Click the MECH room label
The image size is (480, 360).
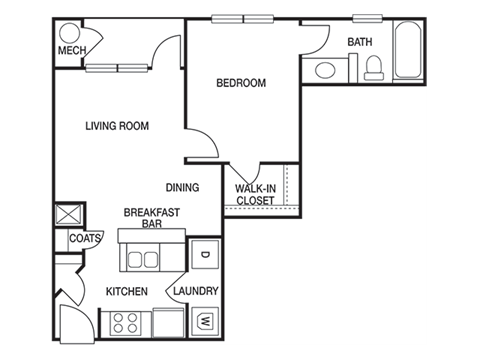coord(72,50)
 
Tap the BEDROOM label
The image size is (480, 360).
coord(241,83)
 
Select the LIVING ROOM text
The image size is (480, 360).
coord(117,126)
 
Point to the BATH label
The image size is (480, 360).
coord(360,42)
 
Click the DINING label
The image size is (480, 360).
coord(182,187)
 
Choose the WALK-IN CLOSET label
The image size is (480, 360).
coord(255,195)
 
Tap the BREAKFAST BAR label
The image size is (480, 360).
coord(152,218)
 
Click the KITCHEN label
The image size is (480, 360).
coord(127,291)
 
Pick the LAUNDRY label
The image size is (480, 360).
coord(196,291)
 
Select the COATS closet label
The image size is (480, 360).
coord(85,238)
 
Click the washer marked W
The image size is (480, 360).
coord(205,321)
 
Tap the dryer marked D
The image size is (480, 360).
coord(205,254)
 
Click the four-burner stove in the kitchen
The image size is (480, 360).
coord(125,323)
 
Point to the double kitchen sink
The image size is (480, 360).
coord(142,259)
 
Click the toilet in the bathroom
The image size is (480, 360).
coord(374,68)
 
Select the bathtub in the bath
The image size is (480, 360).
coord(407,50)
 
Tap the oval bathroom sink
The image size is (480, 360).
coord(325,70)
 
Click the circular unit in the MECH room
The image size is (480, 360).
coord(70,33)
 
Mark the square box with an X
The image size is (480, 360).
coord(69,214)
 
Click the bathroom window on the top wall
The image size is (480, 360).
coord(367,19)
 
